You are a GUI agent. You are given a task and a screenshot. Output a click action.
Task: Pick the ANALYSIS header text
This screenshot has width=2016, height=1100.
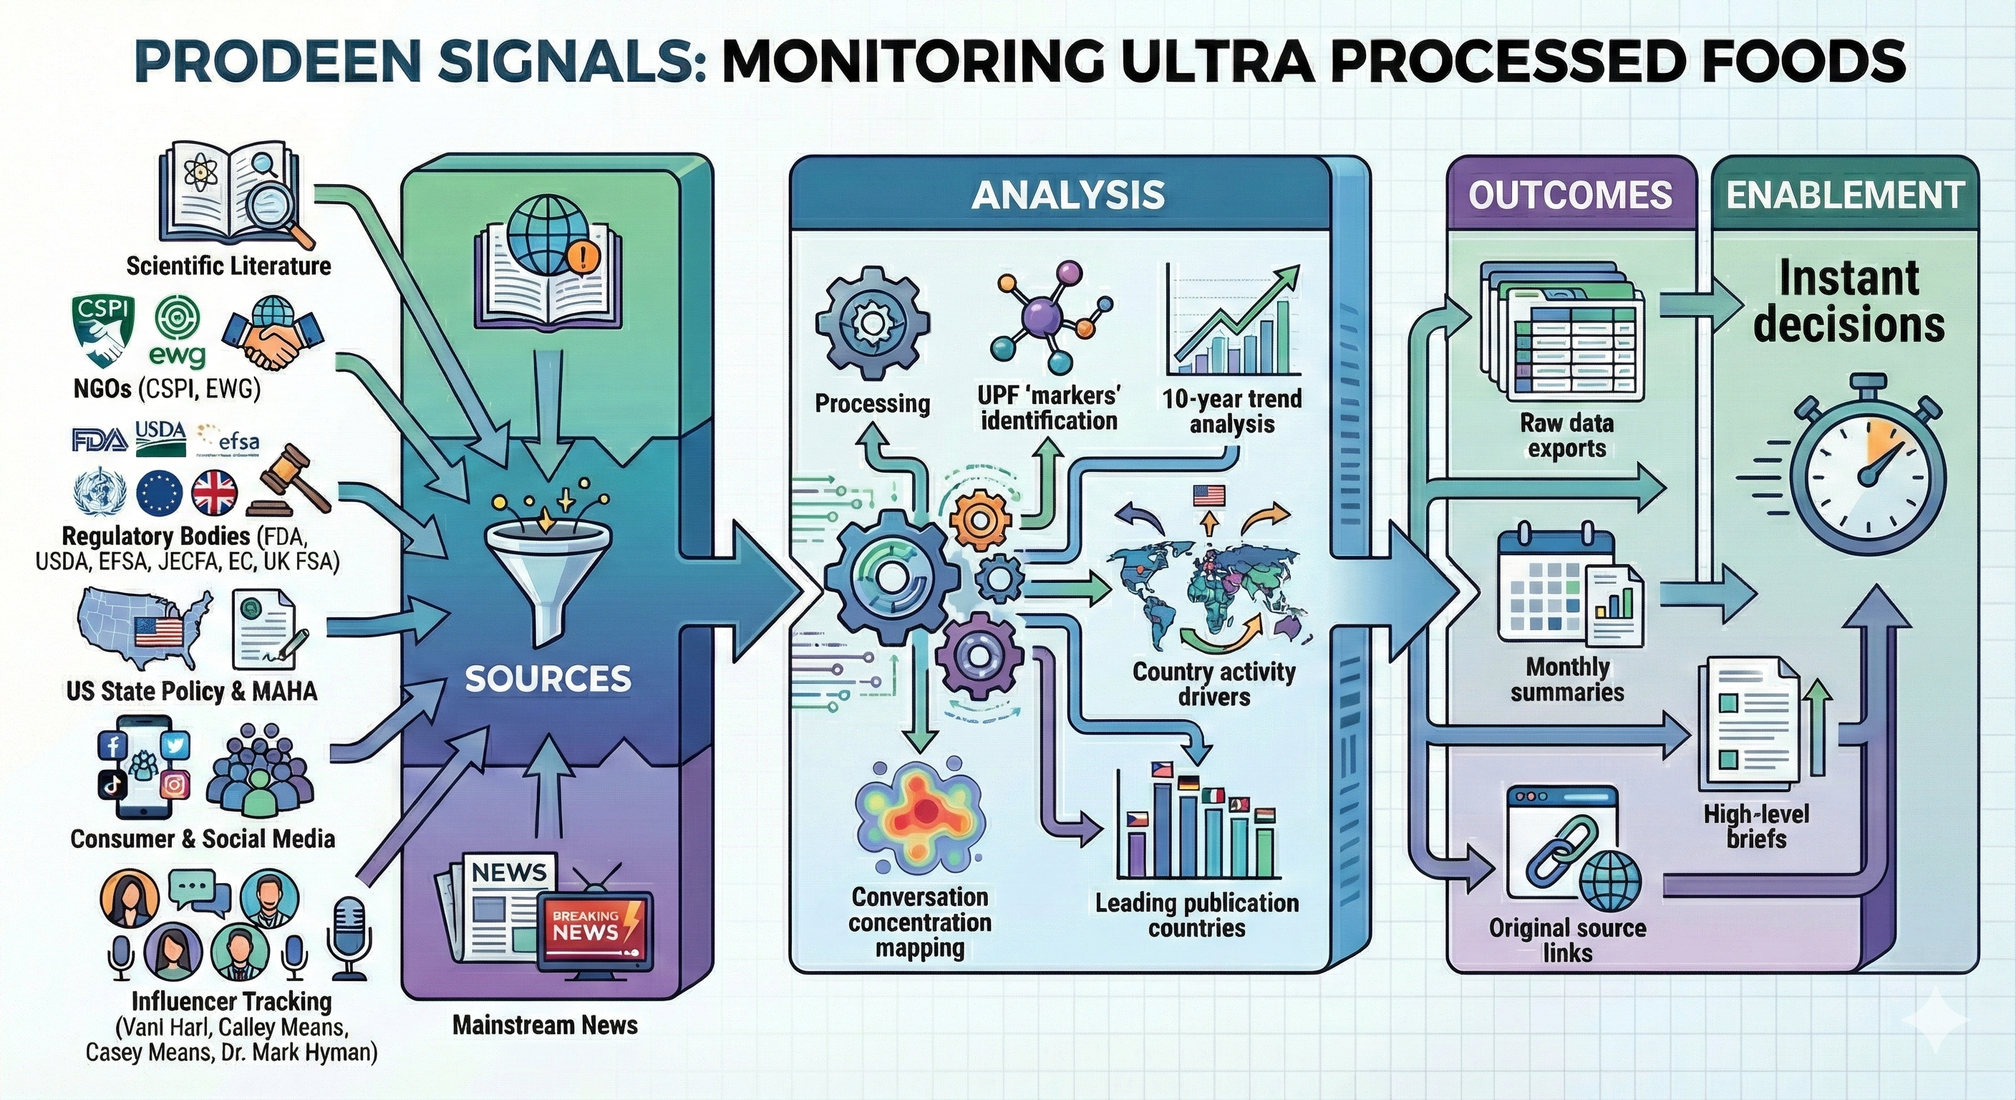click(1067, 195)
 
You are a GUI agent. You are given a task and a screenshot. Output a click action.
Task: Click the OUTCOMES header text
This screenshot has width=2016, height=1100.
click(1570, 195)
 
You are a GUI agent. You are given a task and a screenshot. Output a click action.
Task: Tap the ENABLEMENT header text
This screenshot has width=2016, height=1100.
click(1846, 195)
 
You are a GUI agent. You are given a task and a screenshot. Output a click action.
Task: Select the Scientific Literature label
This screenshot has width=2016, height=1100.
click(228, 266)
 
